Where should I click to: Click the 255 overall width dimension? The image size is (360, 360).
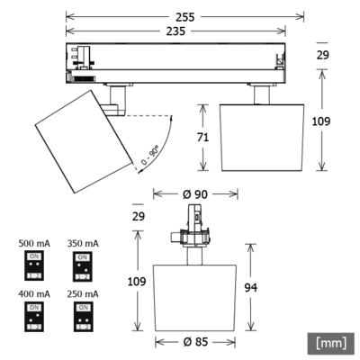(x=184, y=17)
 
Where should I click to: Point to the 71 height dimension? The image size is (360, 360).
(x=204, y=137)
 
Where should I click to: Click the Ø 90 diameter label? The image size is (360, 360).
(x=195, y=194)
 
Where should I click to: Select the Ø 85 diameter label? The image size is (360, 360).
(x=195, y=343)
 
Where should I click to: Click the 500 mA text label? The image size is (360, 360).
(x=33, y=243)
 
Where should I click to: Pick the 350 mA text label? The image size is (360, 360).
(x=83, y=243)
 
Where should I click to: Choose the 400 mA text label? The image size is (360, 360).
(x=33, y=294)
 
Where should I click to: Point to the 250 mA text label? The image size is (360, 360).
(x=83, y=294)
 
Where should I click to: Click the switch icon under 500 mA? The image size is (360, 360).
(x=33, y=265)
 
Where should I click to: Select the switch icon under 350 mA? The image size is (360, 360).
(x=83, y=265)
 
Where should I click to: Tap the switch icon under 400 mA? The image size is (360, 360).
(x=33, y=316)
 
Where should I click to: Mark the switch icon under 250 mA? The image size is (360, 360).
(x=83, y=316)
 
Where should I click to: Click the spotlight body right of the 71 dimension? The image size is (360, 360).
(x=258, y=137)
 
